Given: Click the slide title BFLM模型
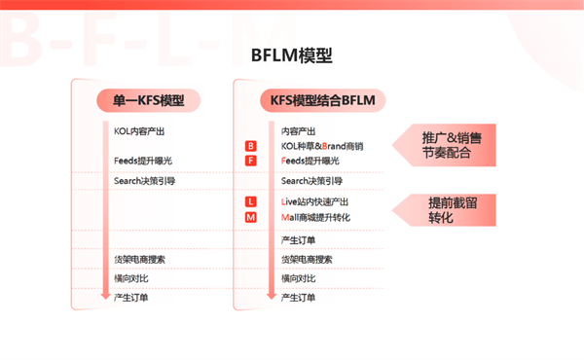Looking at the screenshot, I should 291,55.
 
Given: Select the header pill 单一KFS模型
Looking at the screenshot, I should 148,99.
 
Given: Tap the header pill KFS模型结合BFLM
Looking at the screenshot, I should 322,99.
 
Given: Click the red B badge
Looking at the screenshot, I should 250,146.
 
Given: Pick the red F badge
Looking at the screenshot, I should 250,161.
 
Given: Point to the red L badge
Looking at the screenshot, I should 250,201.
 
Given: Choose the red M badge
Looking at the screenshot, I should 250,217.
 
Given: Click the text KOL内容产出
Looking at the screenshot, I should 140,130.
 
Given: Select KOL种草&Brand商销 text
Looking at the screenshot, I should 321,146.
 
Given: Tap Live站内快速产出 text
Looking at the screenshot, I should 315,201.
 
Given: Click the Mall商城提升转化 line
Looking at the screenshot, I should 315,217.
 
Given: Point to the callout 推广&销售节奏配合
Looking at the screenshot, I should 452,144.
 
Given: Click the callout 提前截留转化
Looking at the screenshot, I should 452,209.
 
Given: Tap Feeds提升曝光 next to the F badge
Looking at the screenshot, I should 310,161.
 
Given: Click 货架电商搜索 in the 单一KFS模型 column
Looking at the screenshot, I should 139,259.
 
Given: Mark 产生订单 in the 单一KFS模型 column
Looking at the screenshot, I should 131,297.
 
